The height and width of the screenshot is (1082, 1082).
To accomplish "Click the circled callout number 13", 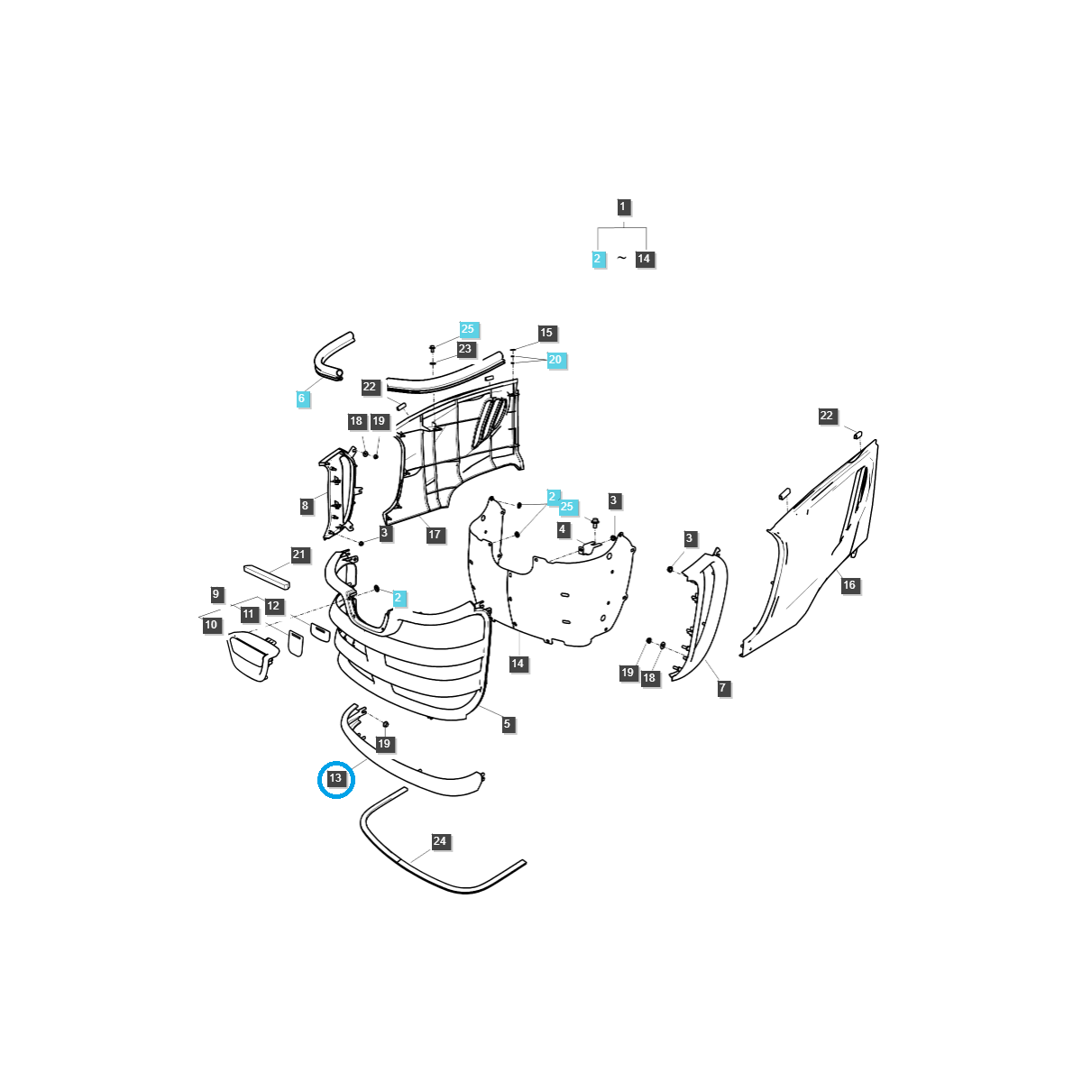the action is (335, 778).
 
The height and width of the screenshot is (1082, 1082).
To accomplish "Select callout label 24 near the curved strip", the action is (440, 841).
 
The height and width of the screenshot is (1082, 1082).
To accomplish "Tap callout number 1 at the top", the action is (622, 206).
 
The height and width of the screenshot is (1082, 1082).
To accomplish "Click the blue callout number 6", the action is (301, 399).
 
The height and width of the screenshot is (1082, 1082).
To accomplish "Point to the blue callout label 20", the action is (555, 360).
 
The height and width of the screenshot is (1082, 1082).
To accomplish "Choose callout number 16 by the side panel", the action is (849, 585).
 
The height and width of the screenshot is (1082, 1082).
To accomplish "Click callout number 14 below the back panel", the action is (518, 664).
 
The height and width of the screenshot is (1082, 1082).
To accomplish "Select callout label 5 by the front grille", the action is (507, 724).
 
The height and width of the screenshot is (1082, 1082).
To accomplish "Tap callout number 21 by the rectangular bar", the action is (298, 555).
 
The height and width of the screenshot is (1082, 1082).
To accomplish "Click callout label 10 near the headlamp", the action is (211, 625).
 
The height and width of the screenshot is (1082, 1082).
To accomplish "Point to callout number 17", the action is (435, 535).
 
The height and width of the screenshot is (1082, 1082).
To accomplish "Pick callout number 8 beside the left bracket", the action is (305, 505).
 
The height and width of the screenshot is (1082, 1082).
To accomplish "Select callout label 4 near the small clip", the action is (562, 529).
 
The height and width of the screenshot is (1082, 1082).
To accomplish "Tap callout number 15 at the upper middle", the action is (546, 333).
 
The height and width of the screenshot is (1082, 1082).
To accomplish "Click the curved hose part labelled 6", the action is (332, 355).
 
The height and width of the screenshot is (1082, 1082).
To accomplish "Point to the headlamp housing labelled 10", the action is (252, 656).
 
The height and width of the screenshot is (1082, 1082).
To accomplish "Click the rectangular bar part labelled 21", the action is (267, 577).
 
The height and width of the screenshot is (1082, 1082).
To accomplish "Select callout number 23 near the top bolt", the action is (465, 349).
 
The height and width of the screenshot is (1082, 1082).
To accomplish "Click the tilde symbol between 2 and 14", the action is (621, 258).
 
